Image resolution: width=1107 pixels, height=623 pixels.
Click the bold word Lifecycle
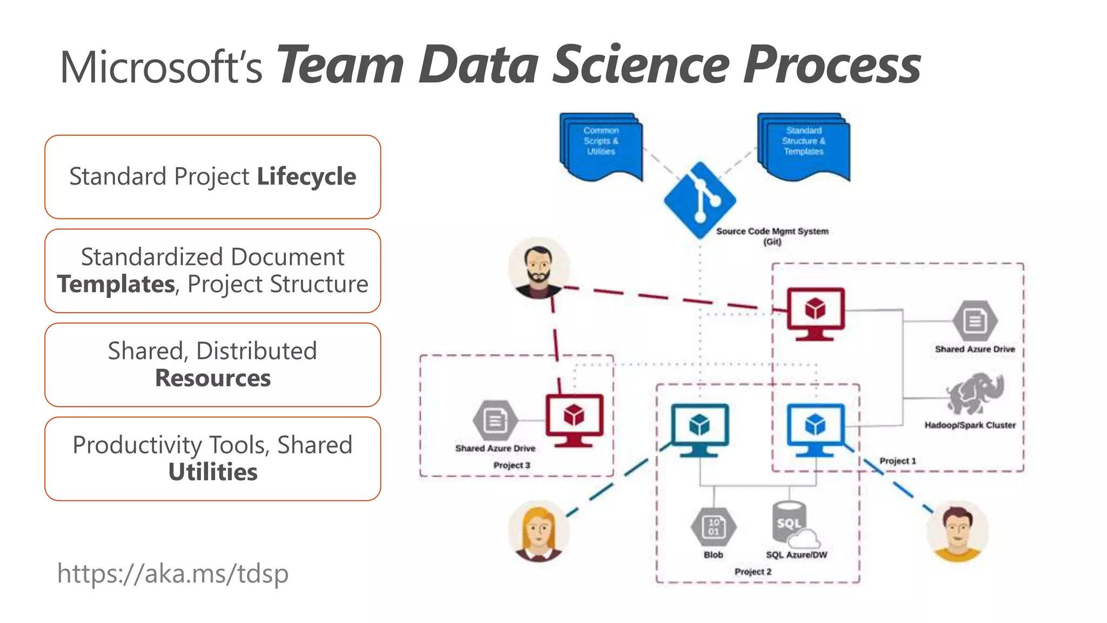click(x=306, y=177)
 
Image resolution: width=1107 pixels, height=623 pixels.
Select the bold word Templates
click(x=116, y=284)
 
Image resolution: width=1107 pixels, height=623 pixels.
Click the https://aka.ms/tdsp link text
click(x=173, y=573)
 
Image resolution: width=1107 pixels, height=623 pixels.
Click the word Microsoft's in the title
click(x=161, y=68)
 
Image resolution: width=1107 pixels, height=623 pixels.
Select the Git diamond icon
click(x=700, y=200)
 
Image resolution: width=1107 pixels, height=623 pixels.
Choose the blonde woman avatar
click(x=538, y=531)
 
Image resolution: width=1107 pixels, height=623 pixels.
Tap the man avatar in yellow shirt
click(x=957, y=531)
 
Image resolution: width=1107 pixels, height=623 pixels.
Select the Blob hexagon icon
click(x=713, y=527)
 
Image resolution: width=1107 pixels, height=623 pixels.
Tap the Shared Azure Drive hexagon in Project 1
click(x=975, y=321)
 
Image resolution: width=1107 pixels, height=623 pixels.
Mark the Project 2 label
click(x=753, y=572)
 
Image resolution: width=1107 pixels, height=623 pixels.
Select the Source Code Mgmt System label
click(x=772, y=231)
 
